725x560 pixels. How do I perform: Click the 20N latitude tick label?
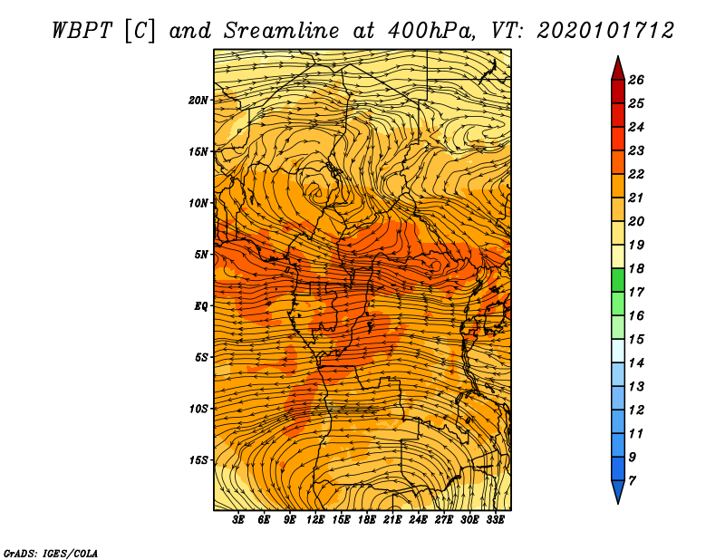[198, 101]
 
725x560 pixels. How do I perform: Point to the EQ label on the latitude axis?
[200, 306]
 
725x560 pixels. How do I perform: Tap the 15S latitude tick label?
[198, 460]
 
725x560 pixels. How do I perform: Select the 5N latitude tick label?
[201, 255]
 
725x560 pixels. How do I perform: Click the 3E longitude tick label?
[238, 520]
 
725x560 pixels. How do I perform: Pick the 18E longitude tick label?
[367, 520]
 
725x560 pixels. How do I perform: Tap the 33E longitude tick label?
[495, 520]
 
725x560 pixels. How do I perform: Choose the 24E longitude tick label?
[418, 520]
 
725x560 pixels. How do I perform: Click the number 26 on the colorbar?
[636, 80]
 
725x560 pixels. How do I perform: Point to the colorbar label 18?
[636, 268]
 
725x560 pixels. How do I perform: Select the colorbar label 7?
[632, 481]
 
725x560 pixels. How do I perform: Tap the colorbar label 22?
[636, 174]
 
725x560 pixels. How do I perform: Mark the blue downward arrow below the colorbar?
[618, 490]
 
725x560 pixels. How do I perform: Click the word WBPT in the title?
[82, 31]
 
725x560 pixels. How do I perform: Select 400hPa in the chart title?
[431, 31]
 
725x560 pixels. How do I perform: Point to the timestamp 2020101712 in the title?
[605, 31]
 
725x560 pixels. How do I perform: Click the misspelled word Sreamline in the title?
[282, 31]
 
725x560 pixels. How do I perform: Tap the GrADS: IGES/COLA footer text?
[51, 553]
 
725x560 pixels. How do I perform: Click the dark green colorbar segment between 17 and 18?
[618, 280]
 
